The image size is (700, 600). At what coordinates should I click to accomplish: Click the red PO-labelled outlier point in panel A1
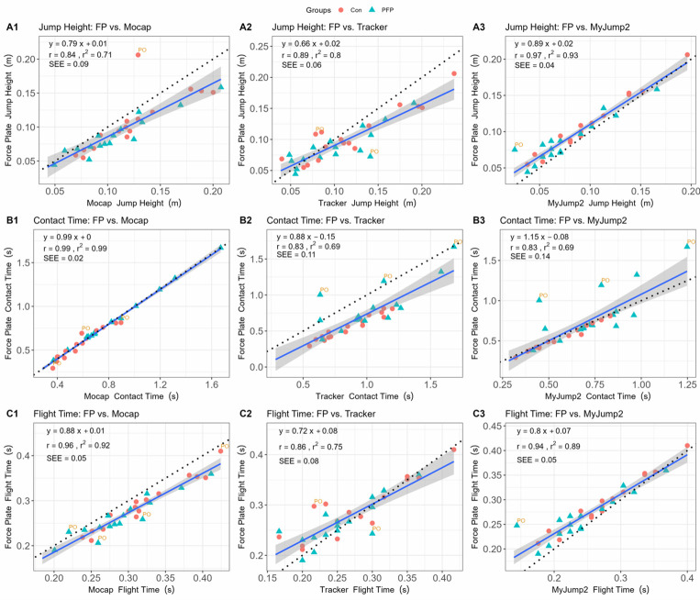[x=138, y=56]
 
